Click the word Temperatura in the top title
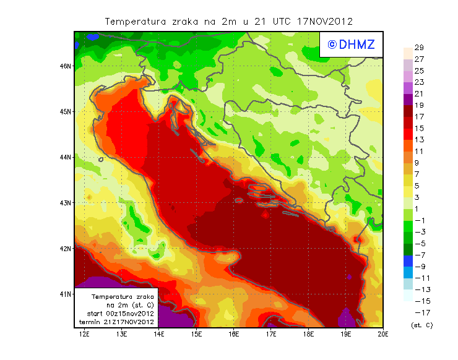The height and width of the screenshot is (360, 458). click(x=134, y=21)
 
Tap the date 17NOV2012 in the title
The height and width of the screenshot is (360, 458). click(x=324, y=21)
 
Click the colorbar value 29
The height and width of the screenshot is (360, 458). click(x=419, y=48)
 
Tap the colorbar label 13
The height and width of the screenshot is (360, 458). click(x=419, y=140)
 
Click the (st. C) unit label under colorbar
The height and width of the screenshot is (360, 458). click(x=422, y=325)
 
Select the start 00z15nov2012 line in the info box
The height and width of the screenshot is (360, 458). click(x=117, y=314)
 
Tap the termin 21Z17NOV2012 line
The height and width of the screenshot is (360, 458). click(x=117, y=322)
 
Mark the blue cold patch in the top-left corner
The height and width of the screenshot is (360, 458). click(x=93, y=37)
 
